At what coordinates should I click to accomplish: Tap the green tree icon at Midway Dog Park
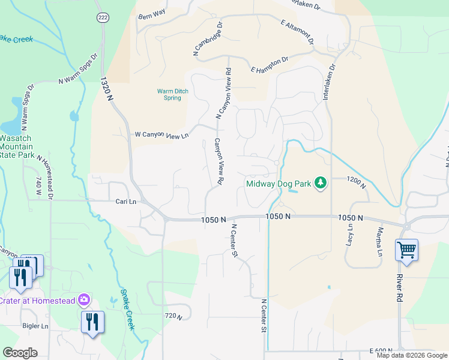click(321, 182)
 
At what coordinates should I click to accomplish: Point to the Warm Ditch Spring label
click(169, 95)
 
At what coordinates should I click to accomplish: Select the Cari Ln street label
click(126, 202)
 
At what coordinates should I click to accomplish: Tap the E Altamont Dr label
click(297, 31)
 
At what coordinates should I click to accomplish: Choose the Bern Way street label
click(151, 13)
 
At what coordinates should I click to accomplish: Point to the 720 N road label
click(172, 316)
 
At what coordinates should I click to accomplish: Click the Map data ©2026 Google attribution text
click(411, 355)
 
